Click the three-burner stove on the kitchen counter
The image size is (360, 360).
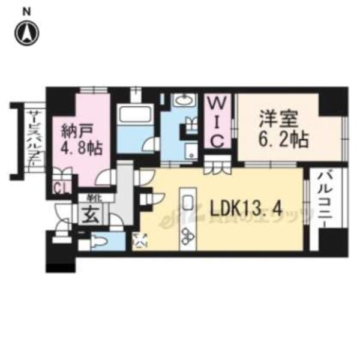(187, 235)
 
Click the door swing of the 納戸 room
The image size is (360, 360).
(106, 176)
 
